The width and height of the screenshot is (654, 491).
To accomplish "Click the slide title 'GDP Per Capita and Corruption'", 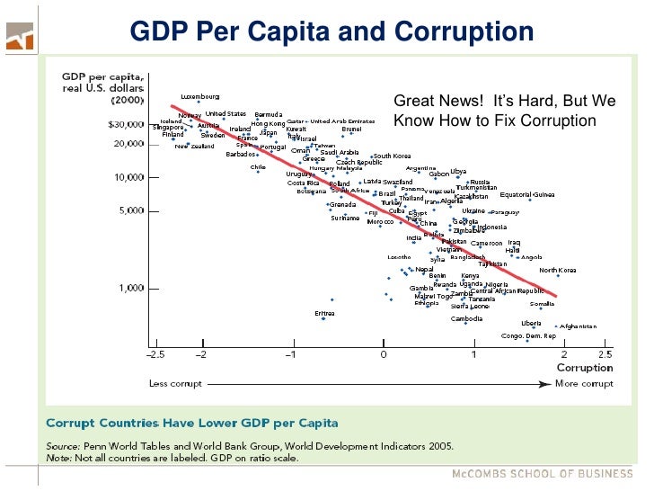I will [331, 33].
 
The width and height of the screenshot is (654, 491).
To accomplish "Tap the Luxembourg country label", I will [199, 96].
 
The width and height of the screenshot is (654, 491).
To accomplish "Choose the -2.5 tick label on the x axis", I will [155, 355].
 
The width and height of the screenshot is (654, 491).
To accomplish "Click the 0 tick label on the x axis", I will [384, 355].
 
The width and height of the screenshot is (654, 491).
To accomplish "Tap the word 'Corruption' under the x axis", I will [585, 368].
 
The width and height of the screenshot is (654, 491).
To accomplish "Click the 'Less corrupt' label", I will [174, 383].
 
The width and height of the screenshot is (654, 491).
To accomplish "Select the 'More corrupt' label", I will [585, 383].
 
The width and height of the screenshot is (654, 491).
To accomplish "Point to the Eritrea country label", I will [324, 313].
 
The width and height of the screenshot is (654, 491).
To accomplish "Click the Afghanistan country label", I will [579, 326].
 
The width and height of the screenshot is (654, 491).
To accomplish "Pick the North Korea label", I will [558, 270].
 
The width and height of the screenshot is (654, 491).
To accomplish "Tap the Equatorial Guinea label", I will [527, 194].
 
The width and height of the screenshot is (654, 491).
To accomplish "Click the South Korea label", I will [393, 156].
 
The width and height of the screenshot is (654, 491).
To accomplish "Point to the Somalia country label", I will [567, 304].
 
